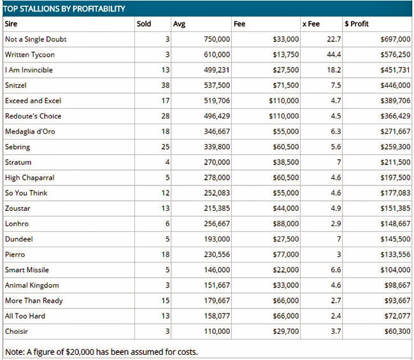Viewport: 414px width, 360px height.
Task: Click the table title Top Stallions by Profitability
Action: point(64,9)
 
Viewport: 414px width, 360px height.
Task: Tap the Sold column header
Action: point(144,24)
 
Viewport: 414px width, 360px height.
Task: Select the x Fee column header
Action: point(311,24)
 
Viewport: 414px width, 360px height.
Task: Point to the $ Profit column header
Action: point(357,24)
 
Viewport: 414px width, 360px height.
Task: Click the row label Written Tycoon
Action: point(30,55)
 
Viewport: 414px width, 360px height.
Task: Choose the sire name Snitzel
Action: point(15,85)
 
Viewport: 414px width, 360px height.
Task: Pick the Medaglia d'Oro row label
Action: point(30,131)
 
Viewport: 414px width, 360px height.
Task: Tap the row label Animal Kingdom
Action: point(32,285)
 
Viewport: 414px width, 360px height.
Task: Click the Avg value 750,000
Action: point(217,39)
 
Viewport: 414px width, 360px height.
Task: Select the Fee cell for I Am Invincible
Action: point(286,70)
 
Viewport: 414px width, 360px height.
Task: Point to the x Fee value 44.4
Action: point(334,55)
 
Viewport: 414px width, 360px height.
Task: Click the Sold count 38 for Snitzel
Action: point(166,85)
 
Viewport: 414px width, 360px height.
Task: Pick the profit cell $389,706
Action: point(396,101)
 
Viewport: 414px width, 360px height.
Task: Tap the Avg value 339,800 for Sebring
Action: point(217,147)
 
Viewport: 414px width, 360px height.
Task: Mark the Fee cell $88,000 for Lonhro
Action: point(286,224)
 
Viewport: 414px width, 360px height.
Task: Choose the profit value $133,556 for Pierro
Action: point(396,254)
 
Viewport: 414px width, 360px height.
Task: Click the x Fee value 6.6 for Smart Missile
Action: point(336,270)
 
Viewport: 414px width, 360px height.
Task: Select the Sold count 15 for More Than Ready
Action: point(166,301)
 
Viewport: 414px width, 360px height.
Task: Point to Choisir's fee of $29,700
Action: point(286,331)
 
